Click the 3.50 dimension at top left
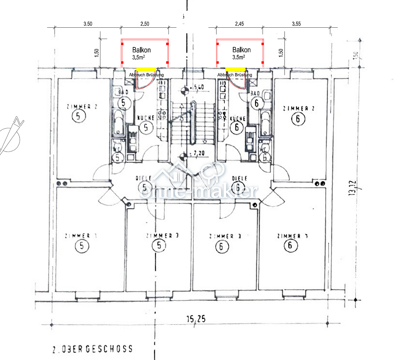88,24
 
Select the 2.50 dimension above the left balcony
144,24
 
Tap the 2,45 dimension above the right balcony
239,24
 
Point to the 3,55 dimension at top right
296,24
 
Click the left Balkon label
141,50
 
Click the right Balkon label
242,50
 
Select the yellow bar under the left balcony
146,69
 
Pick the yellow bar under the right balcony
236,69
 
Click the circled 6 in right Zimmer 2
298,119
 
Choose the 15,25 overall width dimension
195,319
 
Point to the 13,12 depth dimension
353,189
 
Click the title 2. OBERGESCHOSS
92,349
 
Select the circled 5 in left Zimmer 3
159,246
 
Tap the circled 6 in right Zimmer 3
221,247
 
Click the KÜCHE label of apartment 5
146,118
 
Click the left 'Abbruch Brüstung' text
146,75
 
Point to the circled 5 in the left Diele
145,188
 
